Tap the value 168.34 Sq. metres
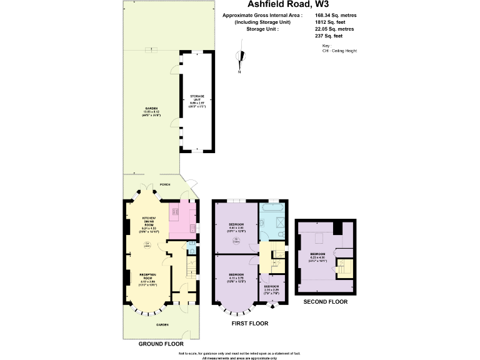(336, 15)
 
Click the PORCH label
(165, 185)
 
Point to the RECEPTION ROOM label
(147, 278)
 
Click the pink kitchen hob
(176, 212)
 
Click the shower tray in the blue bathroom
(279, 221)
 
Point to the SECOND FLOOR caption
(325, 302)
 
